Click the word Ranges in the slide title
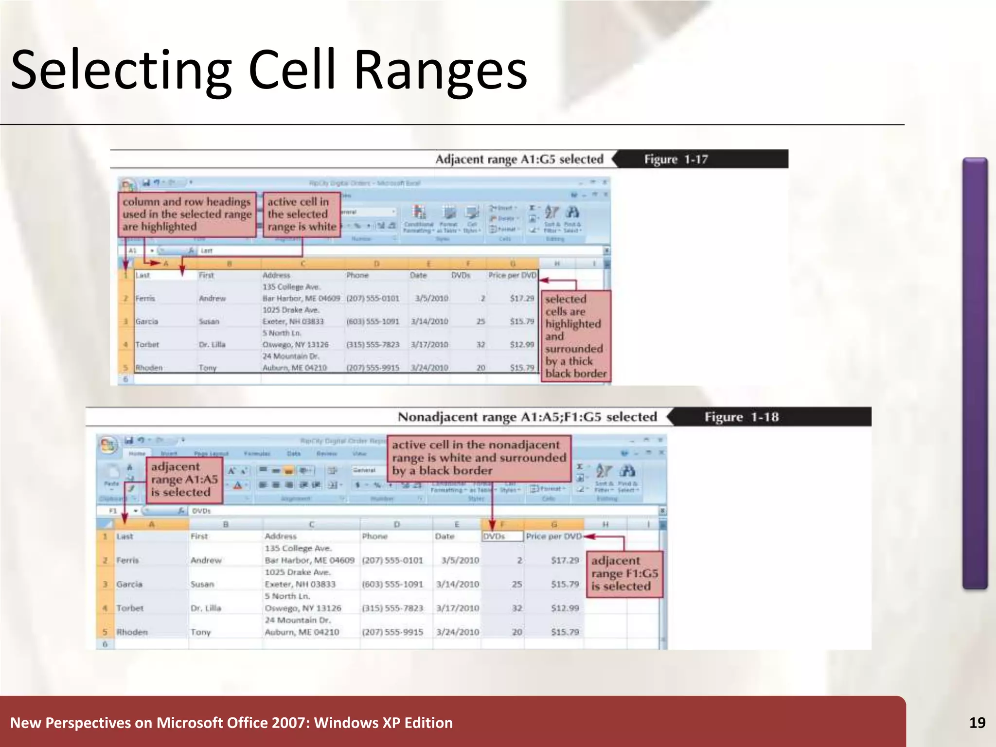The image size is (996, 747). tap(440, 71)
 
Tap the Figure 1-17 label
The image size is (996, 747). tap(676, 159)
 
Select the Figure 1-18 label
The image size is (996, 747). tap(741, 417)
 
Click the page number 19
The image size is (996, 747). tap(977, 723)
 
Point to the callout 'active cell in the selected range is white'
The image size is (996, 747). tap(302, 214)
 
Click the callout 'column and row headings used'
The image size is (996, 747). tap(187, 214)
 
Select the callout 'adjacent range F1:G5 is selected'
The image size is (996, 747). tap(624, 573)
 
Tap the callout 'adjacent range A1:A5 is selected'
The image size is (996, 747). tap(184, 479)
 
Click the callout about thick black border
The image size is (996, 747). tap(575, 336)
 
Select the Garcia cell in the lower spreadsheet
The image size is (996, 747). tap(129, 584)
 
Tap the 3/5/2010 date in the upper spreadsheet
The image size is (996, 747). tap(431, 298)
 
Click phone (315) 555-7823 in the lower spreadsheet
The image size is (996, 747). tap(392, 608)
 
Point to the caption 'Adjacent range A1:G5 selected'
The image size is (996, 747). tap(519, 159)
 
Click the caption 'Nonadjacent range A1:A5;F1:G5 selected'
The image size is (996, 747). tap(527, 417)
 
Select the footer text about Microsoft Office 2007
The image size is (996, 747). tap(231, 723)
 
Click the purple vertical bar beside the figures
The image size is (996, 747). tap(975, 373)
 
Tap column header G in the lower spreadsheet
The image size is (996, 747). tap(554, 524)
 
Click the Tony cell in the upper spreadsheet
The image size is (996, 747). tap(208, 368)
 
